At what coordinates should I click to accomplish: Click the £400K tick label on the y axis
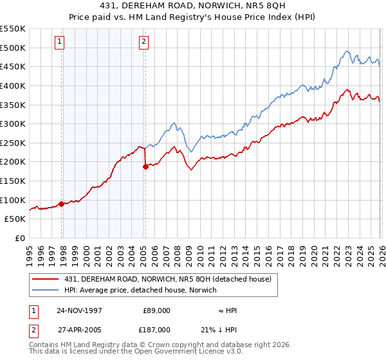click(13, 85)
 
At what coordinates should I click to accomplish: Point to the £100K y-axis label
click(13, 200)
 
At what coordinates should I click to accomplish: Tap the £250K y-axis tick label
click(13, 143)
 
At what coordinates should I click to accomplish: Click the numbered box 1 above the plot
click(59, 42)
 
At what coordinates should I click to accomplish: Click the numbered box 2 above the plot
click(143, 42)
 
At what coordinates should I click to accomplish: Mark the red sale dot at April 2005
click(145, 166)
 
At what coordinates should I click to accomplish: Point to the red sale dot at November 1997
click(62, 204)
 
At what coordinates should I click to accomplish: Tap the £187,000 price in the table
click(156, 329)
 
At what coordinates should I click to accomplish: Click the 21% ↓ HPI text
click(228, 329)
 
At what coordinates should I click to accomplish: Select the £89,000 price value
click(156, 310)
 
